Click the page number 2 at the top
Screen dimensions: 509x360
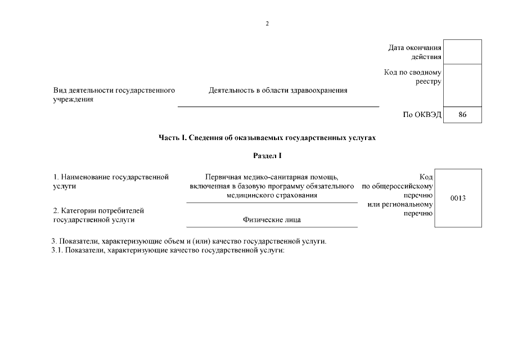pyautogui.click(x=267, y=24)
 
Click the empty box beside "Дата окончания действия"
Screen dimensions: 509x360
pyautogui.click(x=462, y=52)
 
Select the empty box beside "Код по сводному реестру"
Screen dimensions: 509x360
pyautogui.click(x=462, y=85)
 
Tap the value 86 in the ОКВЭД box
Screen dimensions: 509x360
pyautogui.click(x=462, y=115)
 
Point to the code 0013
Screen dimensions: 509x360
pyautogui.click(x=458, y=198)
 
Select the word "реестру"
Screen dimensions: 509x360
pyautogui.click(x=429, y=82)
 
